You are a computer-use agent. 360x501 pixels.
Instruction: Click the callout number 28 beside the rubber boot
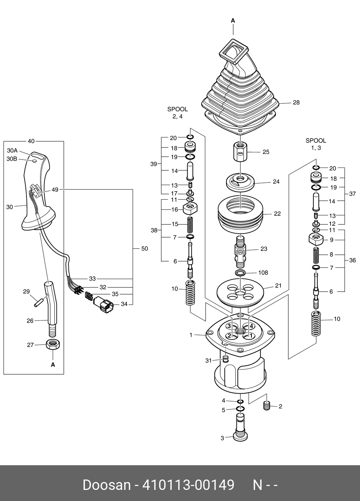click(x=296, y=102)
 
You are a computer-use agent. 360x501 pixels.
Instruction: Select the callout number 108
click(x=263, y=273)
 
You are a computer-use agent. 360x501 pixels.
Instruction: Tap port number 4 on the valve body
click(x=251, y=326)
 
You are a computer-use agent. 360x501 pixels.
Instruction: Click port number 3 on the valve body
click(x=229, y=326)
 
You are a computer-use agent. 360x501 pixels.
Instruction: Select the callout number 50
click(x=145, y=248)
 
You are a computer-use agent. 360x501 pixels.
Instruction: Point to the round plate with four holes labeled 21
click(x=240, y=293)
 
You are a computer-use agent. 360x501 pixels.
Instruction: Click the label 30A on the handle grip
click(x=12, y=150)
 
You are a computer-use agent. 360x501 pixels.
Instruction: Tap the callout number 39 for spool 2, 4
click(x=154, y=164)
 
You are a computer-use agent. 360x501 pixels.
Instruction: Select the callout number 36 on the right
click(x=352, y=260)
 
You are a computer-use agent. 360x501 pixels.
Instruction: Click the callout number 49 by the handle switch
click(x=55, y=190)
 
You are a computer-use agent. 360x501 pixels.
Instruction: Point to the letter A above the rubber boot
click(x=233, y=21)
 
